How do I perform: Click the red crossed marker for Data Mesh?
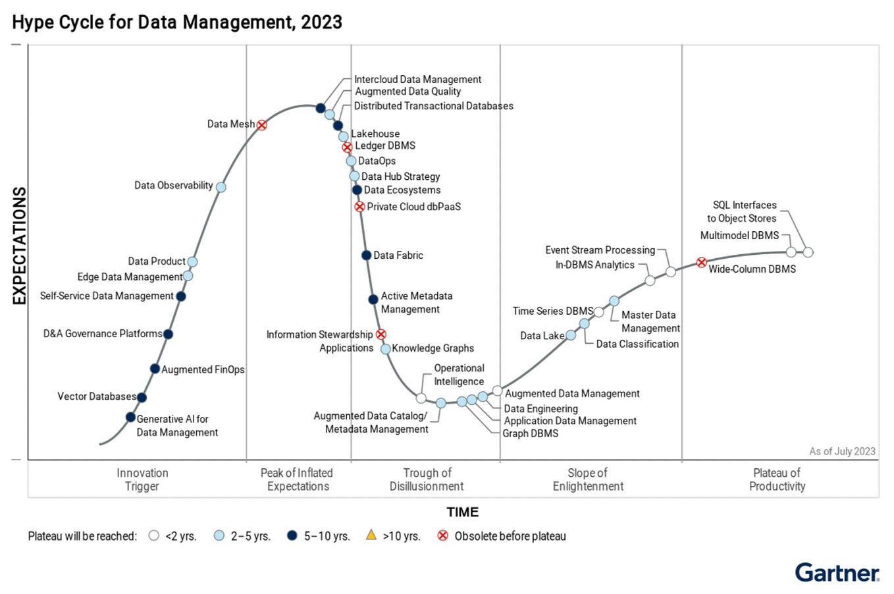[x=261, y=125]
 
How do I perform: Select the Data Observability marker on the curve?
[x=221, y=187]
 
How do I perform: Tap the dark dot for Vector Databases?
[x=142, y=397]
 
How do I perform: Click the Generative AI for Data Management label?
[x=176, y=425]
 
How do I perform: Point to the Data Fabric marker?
[x=366, y=256]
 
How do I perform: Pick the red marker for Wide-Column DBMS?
[x=702, y=263]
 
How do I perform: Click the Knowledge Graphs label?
[x=433, y=348]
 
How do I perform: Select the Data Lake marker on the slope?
[x=571, y=335]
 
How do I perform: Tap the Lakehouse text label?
[x=375, y=134]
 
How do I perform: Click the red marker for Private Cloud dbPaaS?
[x=359, y=207]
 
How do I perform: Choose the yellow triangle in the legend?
[x=371, y=535]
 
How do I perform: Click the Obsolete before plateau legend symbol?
[x=443, y=535]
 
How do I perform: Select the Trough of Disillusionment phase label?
[x=427, y=479]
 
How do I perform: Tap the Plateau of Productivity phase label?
[x=777, y=479]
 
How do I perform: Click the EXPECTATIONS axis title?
[x=20, y=246]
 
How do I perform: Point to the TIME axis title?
[x=462, y=512]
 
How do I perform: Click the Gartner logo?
[x=837, y=572]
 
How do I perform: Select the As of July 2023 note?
[x=842, y=451]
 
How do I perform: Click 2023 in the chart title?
[x=321, y=22]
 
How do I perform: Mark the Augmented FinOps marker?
[x=155, y=369]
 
